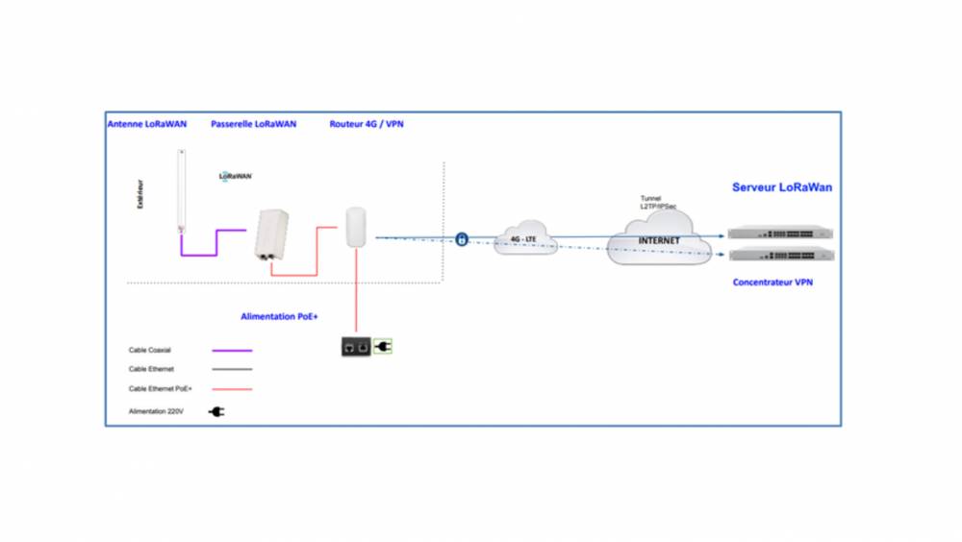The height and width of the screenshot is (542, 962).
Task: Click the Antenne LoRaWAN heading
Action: click(147, 124)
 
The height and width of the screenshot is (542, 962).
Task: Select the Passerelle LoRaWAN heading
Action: click(254, 124)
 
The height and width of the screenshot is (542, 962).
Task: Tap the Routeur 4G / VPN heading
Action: click(367, 124)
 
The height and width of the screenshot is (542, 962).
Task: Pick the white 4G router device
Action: click(355, 227)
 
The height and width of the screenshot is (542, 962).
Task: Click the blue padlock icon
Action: click(462, 238)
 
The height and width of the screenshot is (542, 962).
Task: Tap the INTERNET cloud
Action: click(659, 240)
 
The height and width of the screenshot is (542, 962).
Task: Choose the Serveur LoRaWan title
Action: click(782, 187)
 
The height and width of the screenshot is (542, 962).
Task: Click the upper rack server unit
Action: click(780, 233)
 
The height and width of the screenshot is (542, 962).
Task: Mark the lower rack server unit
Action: click(780, 255)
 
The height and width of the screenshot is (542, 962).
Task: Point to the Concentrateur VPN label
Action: click(772, 283)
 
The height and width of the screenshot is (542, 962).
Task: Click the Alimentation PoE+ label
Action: click(280, 315)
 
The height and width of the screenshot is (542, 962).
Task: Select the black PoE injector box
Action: click(355, 346)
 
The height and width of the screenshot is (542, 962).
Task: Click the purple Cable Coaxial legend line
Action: click(232, 351)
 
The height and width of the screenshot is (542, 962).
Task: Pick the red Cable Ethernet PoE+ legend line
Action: click(232, 389)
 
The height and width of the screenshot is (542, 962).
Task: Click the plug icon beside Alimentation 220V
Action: click(217, 411)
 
